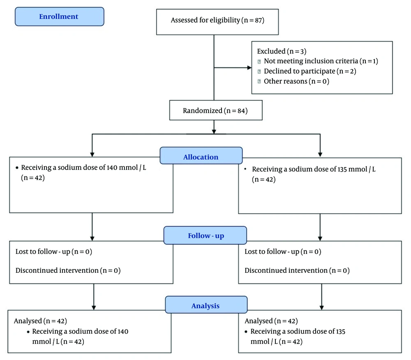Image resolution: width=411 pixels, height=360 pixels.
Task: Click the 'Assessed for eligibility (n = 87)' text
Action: tap(217, 20)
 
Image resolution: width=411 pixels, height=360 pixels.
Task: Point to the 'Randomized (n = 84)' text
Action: tap(215, 111)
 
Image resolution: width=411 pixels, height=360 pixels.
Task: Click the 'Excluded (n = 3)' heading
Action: tap(282, 51)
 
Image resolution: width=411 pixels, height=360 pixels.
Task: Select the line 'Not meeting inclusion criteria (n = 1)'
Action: tap(321, 61)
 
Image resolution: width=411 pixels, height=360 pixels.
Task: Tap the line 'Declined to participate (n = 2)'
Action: tap(310, 71)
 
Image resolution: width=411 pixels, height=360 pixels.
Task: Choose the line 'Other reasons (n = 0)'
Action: tap(296, 81)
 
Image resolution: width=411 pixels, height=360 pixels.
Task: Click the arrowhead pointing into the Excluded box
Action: tap(249, 68)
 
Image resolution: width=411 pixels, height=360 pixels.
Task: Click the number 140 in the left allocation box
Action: tap(112, 167)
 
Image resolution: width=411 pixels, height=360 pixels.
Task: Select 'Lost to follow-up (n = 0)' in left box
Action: tap(54, 252)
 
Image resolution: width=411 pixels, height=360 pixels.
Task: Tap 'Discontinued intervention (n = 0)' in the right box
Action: tap(297, 271)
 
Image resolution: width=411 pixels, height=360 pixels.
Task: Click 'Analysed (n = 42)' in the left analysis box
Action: tap(40, 321)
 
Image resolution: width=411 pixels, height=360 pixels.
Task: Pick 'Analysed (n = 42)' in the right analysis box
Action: tap(271, 321)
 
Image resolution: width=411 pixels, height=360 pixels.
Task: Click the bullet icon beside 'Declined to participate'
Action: tap(259, 71)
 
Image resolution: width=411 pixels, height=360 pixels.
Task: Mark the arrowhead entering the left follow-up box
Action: tap(92, 239)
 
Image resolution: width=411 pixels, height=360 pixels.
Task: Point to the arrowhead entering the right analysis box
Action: tap(322, 307)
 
